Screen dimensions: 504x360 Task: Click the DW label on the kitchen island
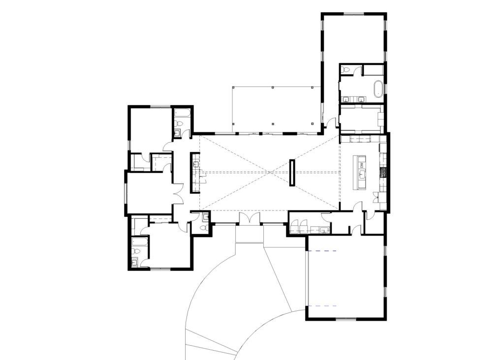(361, 165)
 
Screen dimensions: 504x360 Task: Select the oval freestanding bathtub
(378, 89)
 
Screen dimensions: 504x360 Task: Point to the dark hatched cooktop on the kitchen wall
(382, 172)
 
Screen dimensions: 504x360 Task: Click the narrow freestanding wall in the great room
(292, 173)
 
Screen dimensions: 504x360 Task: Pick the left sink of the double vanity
(347, 99)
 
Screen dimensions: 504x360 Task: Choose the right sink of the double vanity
(362, 99)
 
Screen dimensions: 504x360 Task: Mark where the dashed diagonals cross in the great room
(270, 173)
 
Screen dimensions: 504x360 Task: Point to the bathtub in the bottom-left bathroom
(139, 241)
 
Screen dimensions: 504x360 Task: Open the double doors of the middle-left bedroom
(178, 193)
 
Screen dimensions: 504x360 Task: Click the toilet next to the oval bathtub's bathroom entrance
(346, 70)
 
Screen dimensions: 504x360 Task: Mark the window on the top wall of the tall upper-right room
(354, 14)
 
